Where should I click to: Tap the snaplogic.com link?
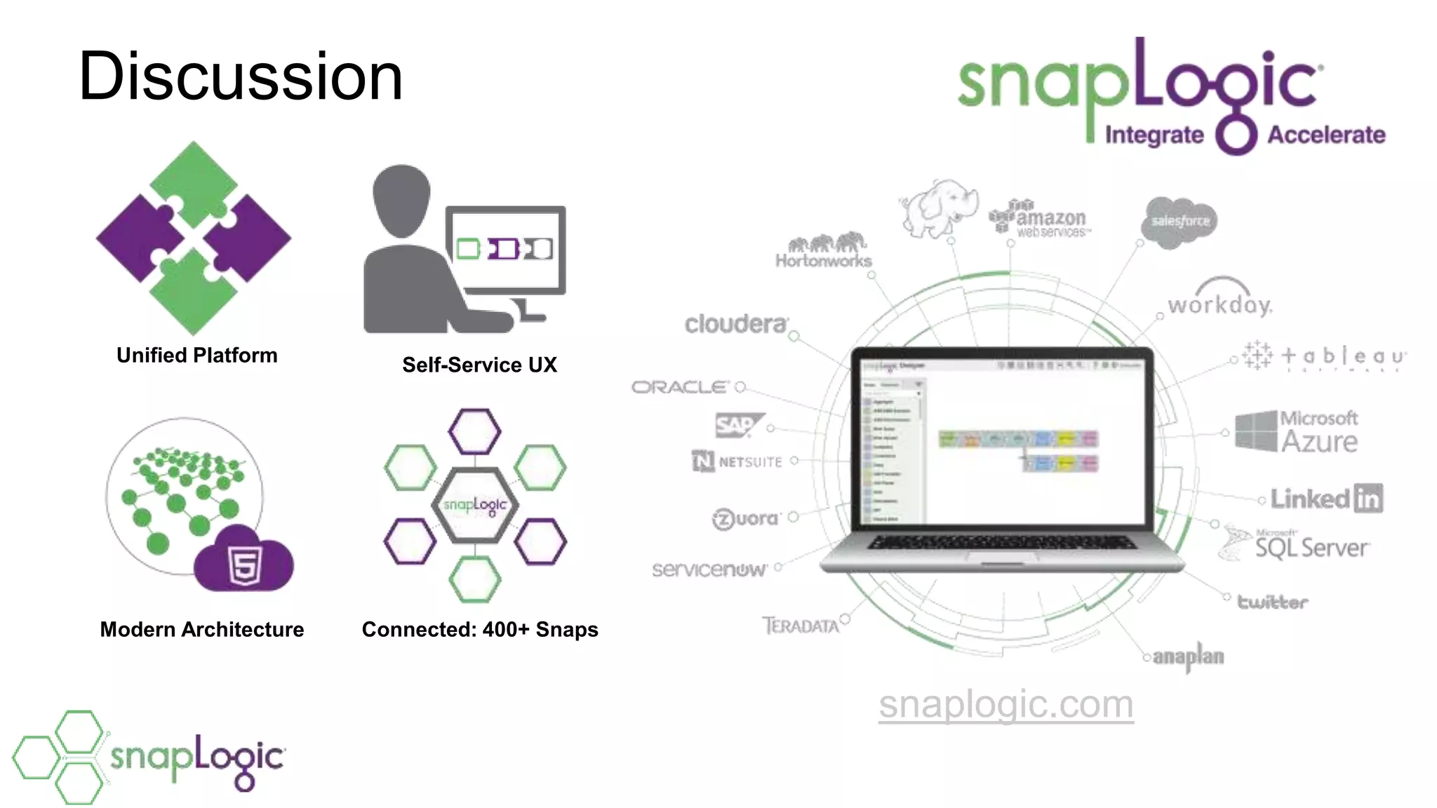point(1005,703)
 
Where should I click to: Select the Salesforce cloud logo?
point(1180,222)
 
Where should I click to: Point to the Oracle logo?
point(680,386)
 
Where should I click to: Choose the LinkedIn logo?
point(1325,499)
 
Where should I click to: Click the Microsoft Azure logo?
point(1297,431)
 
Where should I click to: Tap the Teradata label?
point(801,626)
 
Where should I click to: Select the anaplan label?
point(1188,656)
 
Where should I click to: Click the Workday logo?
point(1219,302)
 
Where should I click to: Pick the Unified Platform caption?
point(197,355)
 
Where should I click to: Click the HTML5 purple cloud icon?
point(244,561)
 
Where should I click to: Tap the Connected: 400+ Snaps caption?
point(480,629)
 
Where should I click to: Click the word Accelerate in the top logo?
point(1325,135)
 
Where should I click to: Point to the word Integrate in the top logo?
point(1154,135)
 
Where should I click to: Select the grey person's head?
point(401,200)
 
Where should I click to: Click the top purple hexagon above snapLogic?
point(474,431)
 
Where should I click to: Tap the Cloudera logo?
point(736,324)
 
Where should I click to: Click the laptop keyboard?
point(1001,542)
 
